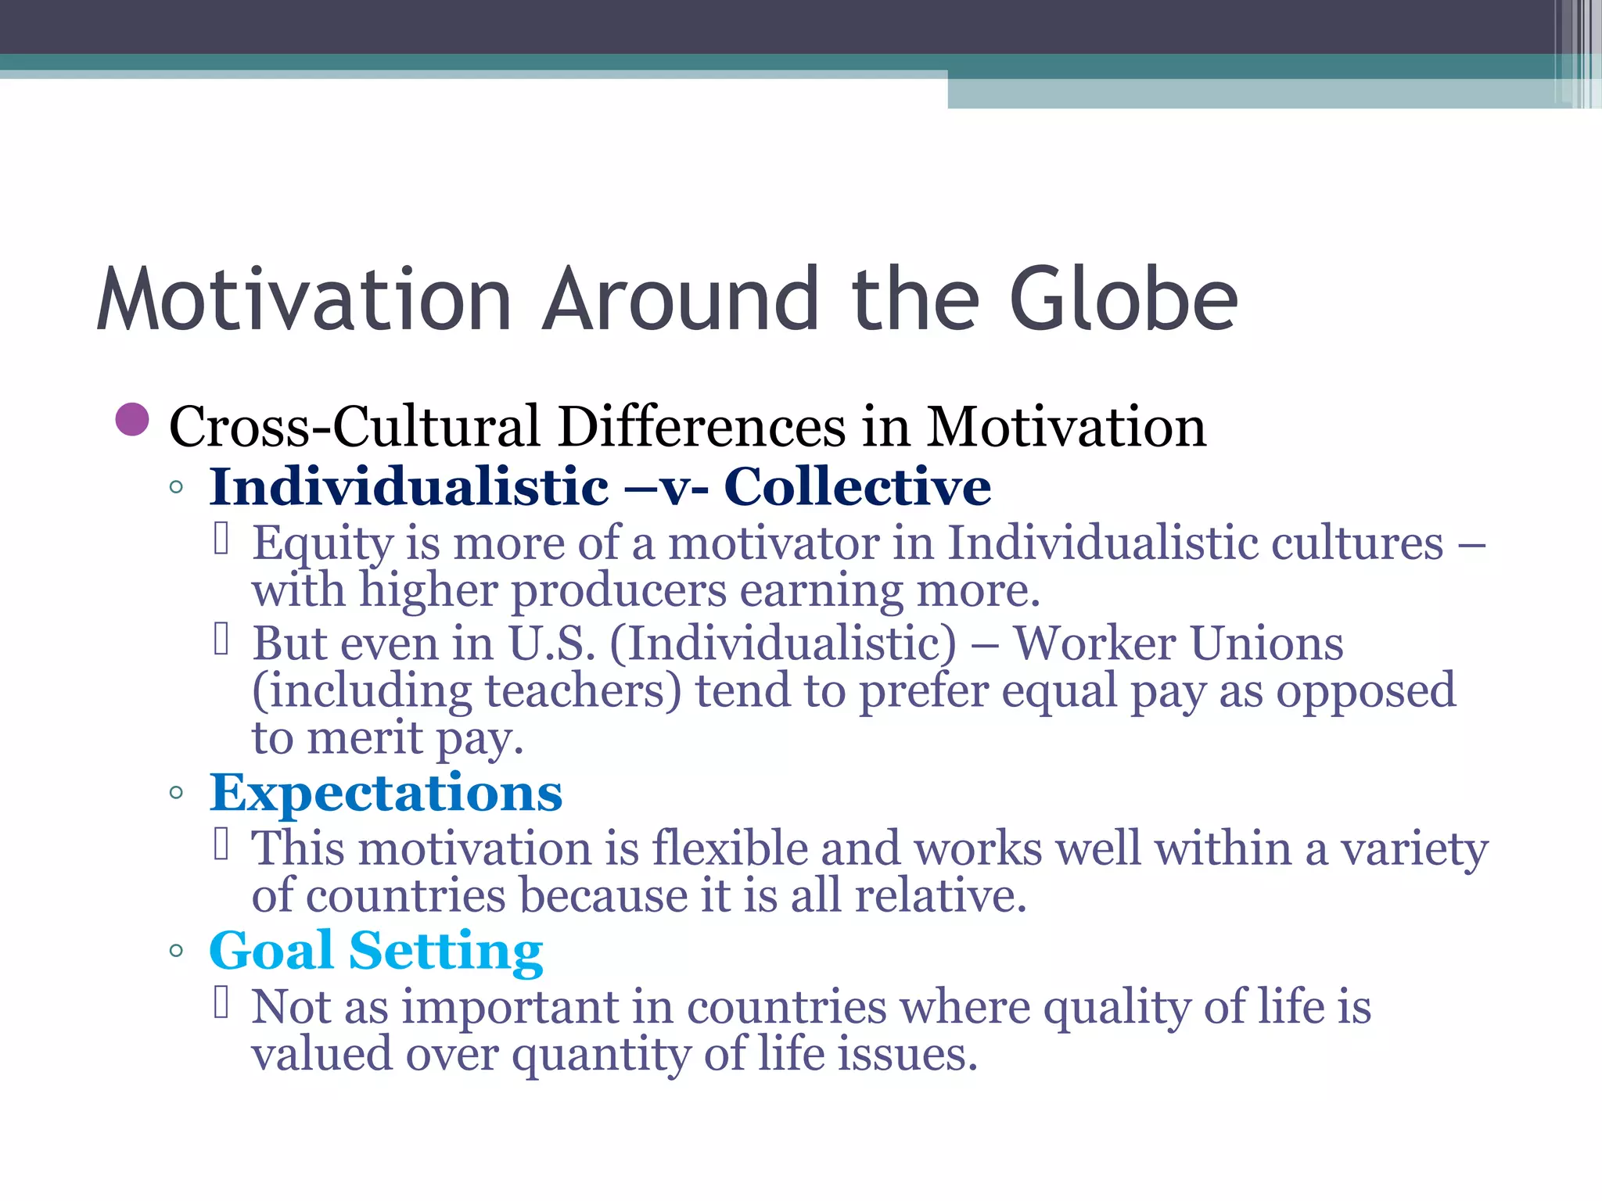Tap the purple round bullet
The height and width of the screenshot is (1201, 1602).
[132, 420]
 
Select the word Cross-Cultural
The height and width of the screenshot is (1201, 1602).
[354, 427]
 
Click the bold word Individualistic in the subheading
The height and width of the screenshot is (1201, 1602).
[408, 486]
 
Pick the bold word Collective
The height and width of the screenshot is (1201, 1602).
[857, 486]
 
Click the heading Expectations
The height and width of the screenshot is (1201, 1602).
[386, 792]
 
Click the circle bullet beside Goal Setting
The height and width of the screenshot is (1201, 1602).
[176, 951]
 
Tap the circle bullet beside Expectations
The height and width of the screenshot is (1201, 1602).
[176, 793]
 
